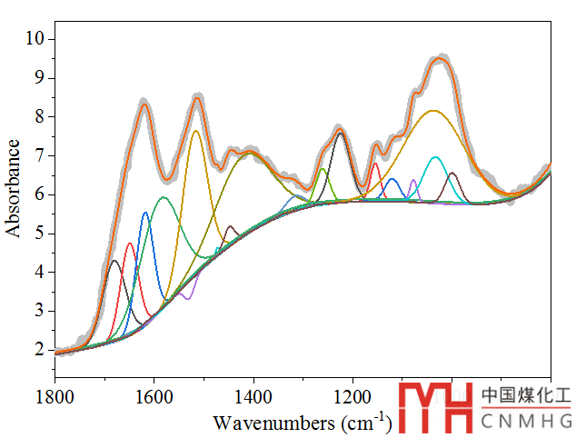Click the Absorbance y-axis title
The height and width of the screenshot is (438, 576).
pyautogui.click(x=14, y=188)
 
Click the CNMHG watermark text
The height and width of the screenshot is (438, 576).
pyautogui.click(x=526, y=421)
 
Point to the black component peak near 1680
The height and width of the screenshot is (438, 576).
pyautogui.click(x=114, y=262)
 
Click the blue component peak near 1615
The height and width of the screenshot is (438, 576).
pyautogui.click(x=145, y=214)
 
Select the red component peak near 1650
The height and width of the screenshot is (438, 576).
pyautogui.click(x=129, y=244)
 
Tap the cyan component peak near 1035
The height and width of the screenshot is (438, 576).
pyautogui.click(x=435, y=158)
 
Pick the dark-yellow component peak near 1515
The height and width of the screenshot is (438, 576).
pyautogui.click(x=195, y=131)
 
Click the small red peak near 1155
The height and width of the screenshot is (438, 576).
pyautogui.click(x=375, y=164)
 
